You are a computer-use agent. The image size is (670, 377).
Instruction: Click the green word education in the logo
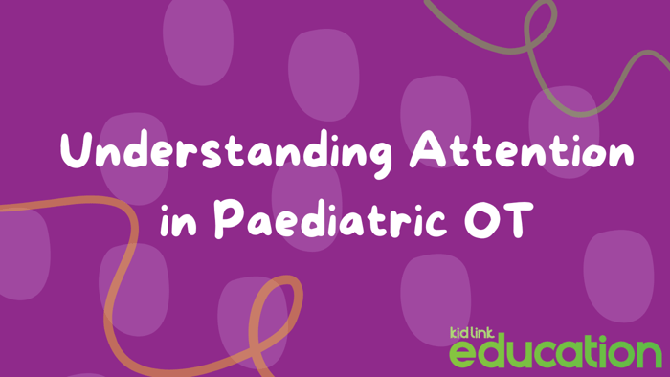coord(555,350)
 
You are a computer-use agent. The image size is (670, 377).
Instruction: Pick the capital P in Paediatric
coord(226,219)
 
